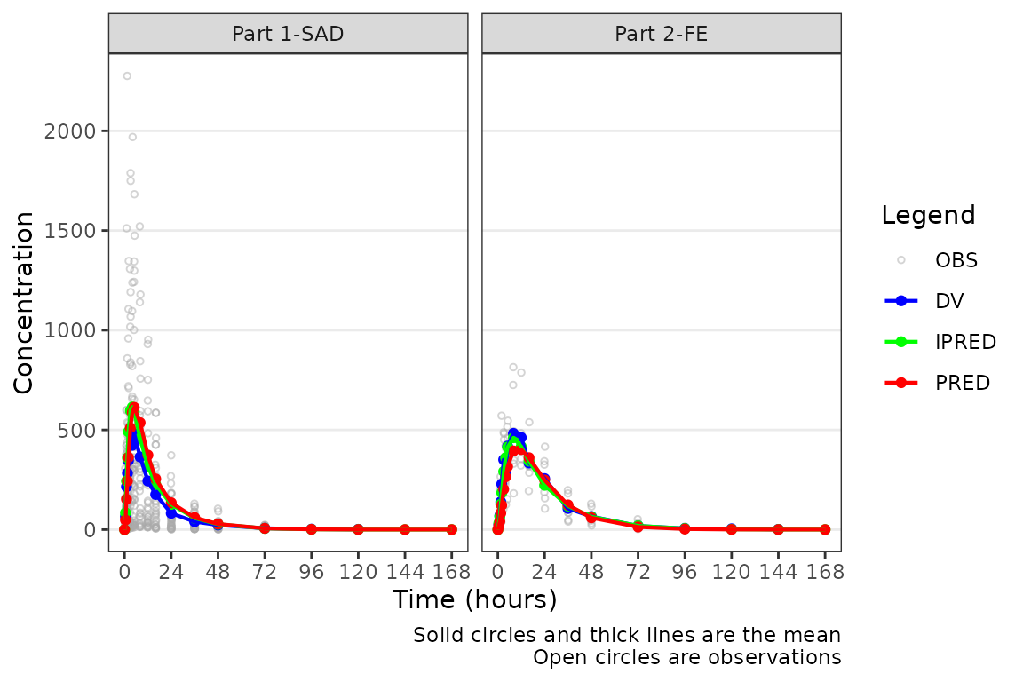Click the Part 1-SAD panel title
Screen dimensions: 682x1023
click(x=288, y=34)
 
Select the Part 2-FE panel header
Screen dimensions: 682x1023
click(x=661, y=34)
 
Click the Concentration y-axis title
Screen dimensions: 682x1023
click(x=24, y=302)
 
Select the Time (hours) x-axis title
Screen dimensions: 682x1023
click(x=474, y=599)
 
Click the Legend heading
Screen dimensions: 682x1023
click(x=928, y=215)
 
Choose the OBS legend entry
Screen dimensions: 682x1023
click(x=956, y=260)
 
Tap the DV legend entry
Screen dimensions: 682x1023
click(x=948, y=300)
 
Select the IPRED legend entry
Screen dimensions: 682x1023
click(x=965, y=342)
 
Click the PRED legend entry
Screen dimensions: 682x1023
click(x=962, y=383)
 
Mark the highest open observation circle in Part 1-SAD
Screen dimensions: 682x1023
click(x=127, y=76)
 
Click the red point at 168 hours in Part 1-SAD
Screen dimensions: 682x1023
click(x=451, y=529)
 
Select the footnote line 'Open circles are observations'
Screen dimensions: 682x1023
click(x=686, y=658)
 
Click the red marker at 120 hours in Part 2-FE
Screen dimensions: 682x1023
click(x=731, y=529)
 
